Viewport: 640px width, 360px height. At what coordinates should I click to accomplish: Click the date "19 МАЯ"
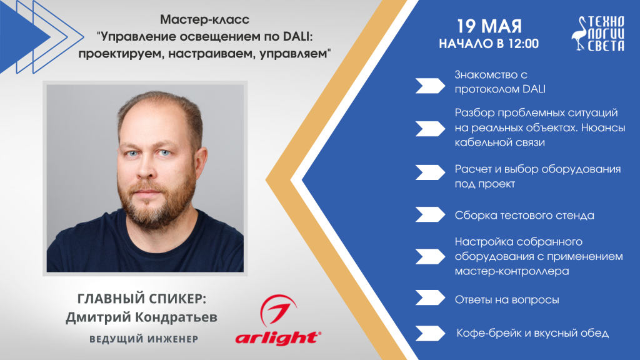489,26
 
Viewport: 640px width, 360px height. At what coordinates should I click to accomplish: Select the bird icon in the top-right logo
579,34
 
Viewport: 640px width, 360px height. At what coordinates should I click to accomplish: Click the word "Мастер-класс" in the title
204,19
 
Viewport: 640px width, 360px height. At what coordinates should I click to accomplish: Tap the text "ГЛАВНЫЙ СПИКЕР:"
142,299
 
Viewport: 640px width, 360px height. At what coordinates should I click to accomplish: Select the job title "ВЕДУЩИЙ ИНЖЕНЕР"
144,339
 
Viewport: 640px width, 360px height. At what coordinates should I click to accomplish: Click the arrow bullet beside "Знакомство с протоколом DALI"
430,86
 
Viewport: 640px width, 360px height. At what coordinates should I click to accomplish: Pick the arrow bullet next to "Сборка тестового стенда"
430,215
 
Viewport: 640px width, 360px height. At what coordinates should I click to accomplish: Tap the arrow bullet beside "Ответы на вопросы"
430,297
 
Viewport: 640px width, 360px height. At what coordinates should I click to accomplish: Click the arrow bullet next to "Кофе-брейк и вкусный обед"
430,333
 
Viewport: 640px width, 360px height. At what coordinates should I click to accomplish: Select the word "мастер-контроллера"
512,271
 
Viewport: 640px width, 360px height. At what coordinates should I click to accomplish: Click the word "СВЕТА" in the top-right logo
606,46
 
